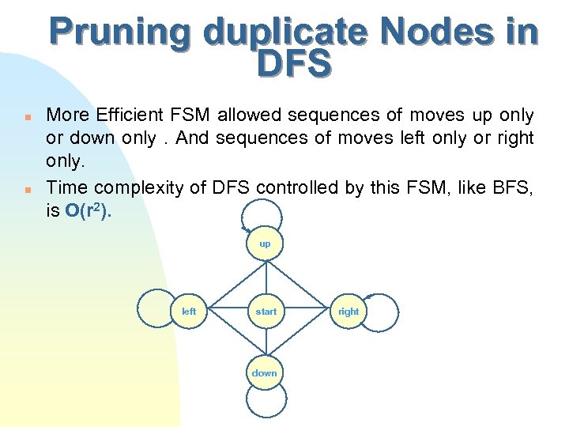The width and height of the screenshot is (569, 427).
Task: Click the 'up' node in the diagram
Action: coord(265,244)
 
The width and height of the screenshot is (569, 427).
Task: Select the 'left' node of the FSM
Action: coord(190,311)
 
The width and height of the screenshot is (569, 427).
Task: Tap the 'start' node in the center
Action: coord(266,311)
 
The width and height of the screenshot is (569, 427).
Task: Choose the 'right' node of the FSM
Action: coord(349,311)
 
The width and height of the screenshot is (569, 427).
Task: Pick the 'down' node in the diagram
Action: coord(265,372)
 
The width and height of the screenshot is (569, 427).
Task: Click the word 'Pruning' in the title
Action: coord(119,33)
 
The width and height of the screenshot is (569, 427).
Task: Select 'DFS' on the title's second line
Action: coord(293,65)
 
